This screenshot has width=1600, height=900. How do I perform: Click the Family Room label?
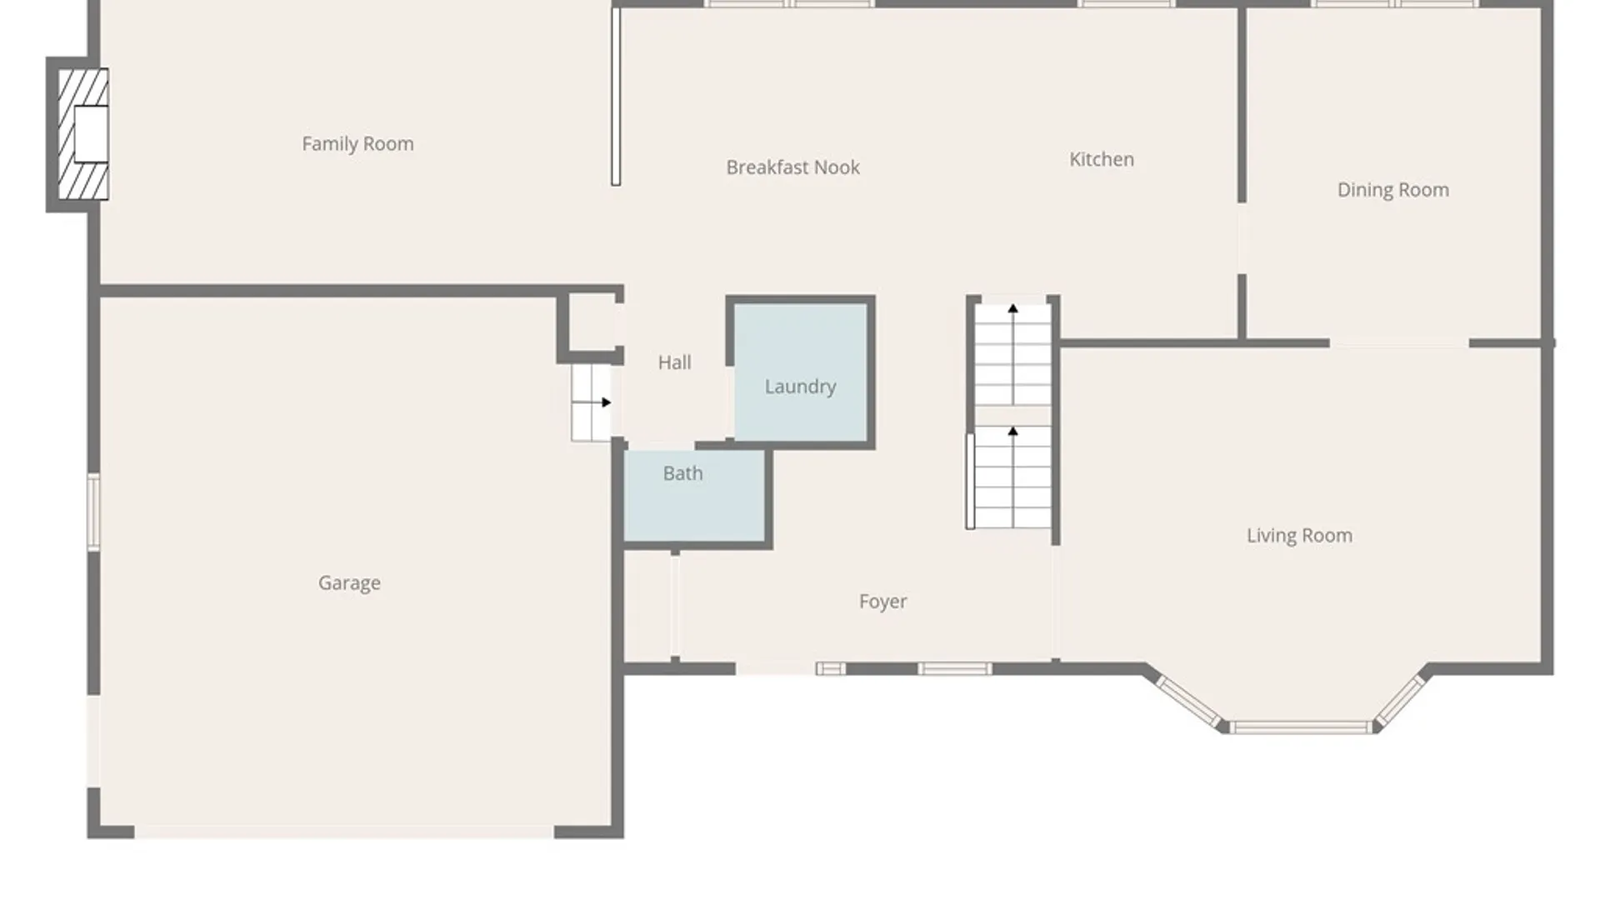point(357,144)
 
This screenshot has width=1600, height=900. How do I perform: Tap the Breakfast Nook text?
point(792,167)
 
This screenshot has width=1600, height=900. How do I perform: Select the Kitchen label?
point(1101,159)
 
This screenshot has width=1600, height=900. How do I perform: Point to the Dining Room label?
point(1392,190)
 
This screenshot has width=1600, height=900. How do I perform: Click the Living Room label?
point(1299,536)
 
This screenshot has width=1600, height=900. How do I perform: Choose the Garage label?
point(349,583)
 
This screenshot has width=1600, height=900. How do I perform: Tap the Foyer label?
point(882,602)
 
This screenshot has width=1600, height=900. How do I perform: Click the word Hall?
point(674,362)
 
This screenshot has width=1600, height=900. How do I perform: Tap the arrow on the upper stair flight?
point(1012,309)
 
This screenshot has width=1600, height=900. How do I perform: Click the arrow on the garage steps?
point(606,402)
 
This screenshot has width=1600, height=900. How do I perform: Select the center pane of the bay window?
point(1300,727)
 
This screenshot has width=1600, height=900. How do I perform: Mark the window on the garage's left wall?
point(93,512)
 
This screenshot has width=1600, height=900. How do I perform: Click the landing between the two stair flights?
point(1012,415)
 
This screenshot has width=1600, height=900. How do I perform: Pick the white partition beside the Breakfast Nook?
point(616,96)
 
